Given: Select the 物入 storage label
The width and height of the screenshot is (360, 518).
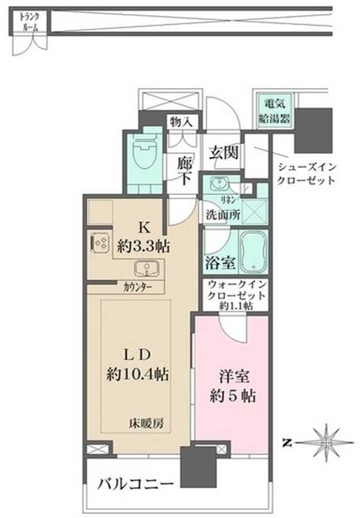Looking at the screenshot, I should tap(180, 122).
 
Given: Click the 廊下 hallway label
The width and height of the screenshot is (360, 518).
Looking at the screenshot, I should tap(184, 170).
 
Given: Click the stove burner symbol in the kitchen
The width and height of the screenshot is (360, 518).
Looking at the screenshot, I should tap(104, 241).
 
